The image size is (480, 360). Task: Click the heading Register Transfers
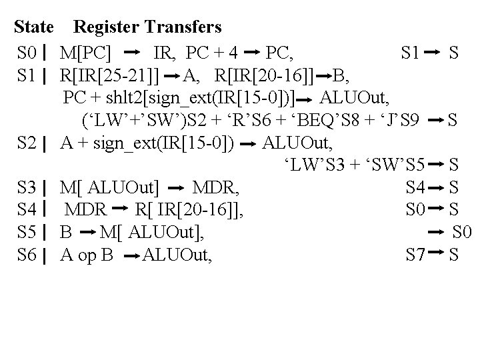pyautogui.click(x=147, y=27)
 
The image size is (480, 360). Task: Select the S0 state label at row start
pyautogui.click(x=28, y=51)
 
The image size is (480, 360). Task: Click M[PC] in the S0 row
pyautogui.click(x=85, y=51)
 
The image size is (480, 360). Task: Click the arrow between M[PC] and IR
pyautogui.click(x=132, y=51)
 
